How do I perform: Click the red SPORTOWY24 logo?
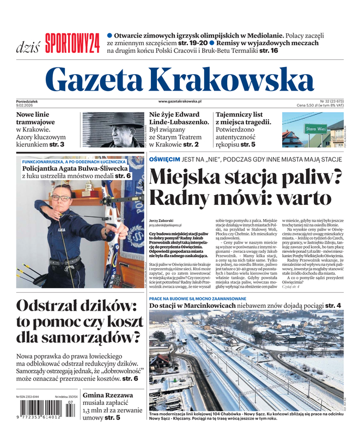coord(72,43)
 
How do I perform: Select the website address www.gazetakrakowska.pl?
coord(180,101)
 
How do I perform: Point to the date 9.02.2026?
coord(26,105)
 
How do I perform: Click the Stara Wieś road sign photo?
coord(313,130)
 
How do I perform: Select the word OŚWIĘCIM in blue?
coord(164,159)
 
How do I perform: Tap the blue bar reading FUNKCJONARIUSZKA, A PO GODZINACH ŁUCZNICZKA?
coord(75,162)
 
